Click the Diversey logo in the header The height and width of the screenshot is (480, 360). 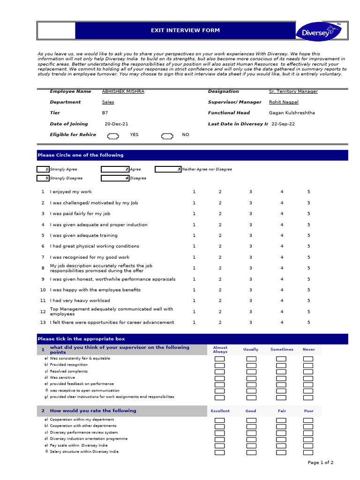[x=318, y=31]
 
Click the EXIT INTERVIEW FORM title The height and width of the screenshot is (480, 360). [x=185, y=30]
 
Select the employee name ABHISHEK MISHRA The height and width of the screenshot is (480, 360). [x=123, y=91]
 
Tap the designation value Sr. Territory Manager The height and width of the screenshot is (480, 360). [x=293, y=91]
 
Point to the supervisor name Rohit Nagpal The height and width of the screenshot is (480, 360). [x=284, y=102]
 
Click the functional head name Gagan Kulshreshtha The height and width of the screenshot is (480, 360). [x=292, y=113]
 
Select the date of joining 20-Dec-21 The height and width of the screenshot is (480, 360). [x=116, y=124]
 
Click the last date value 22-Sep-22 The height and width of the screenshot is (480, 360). [x=283, y=124]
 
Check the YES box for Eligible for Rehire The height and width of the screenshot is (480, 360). [x=113, y=136]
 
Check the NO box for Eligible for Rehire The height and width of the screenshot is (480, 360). [x=167, y=136]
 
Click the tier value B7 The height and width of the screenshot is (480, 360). [x=105, y=113]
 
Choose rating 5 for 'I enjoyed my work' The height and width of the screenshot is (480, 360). [x=308, y=192]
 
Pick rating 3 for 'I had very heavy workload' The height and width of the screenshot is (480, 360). [x=250, y=301]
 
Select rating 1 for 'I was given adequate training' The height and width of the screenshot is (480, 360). [x=194, y=235]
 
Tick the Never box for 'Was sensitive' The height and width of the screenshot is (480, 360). [x=308, y=378]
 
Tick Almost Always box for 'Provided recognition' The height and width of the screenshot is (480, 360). [x=219, y=365]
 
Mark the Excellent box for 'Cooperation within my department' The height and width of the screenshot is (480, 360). [x=219, y=420]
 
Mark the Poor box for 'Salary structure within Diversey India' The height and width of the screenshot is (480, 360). [x=308, y=452]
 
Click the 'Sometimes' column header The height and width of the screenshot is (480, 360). [x=282, y=350]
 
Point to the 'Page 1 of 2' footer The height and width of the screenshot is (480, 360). [x=321, y=463]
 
